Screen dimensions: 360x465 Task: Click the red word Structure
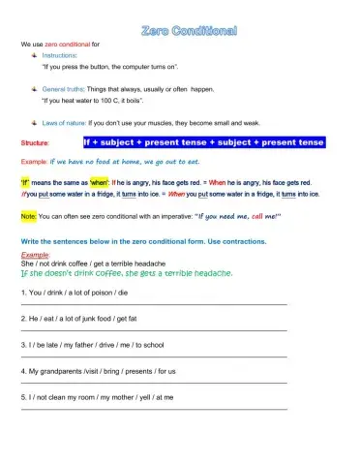tap(36, 143)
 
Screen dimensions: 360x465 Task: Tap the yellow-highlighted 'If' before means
tap(25, 181)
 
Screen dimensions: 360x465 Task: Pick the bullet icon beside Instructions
tap(34, 57)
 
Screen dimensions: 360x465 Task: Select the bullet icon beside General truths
tap(34, 88)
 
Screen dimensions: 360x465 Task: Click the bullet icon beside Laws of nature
tap(34, 123)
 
